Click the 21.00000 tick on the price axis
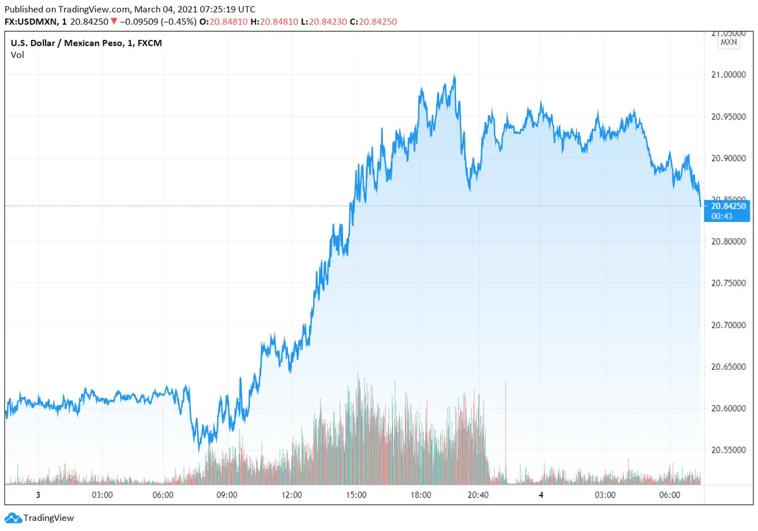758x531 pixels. [730, 75]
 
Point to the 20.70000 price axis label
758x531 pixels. [730, 325]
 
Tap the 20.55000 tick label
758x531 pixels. [730, 450]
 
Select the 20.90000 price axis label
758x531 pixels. [730, 158]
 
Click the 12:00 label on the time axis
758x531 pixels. [292, 495]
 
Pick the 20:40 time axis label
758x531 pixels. [479, 495]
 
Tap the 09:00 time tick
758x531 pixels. [227, 495]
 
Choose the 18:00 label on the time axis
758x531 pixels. [421, 495]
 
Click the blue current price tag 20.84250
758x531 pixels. [729, 206]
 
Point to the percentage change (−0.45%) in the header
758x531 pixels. [178, 21]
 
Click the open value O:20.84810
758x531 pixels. [220, 21]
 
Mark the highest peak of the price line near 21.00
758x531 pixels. [454, 76]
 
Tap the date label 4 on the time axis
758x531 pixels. [541, 495]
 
